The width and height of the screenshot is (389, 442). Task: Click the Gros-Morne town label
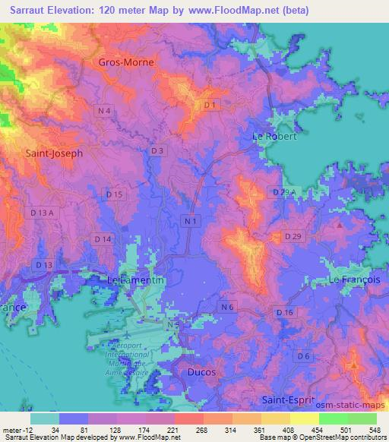[126, 62]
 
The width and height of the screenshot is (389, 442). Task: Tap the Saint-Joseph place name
[54, 152]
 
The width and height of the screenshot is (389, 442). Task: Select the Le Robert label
[274, 137]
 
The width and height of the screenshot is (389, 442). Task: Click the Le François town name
[353, 280]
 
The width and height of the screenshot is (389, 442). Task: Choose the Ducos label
[201, 373]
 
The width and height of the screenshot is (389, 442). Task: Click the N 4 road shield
[105, 112]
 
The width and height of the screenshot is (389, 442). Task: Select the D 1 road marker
[210, 104]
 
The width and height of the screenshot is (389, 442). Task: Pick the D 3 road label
[157, 151]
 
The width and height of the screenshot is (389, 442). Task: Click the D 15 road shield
[114, 195]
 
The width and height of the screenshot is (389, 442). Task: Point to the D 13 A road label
[41, 213]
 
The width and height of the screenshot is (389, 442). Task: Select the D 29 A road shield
[282, 192]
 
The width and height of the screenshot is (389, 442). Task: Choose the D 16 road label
[285, 313]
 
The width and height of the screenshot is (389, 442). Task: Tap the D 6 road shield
[303, 355]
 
